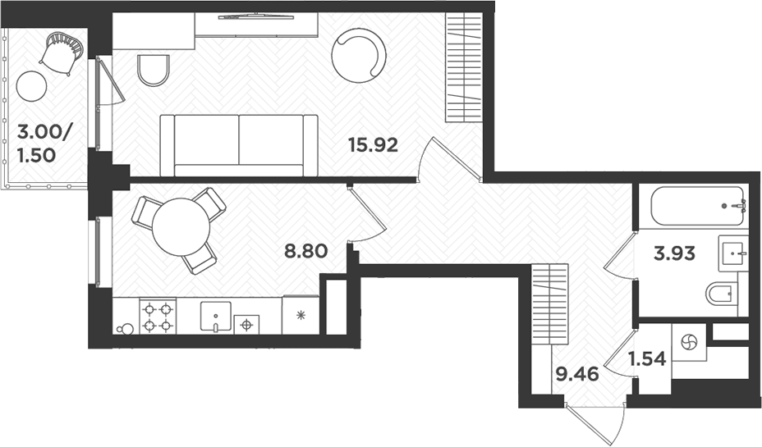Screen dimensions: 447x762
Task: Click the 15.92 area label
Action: click(x=374, y=146)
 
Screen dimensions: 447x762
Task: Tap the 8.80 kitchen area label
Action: click(x=306, y=252)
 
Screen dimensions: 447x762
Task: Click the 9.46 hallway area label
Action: click(x=576, y=376)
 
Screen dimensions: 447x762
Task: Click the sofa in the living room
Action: click(x=238, y=145)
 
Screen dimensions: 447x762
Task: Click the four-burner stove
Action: click(x=158, y=317)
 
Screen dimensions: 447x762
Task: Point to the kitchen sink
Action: click(x=217, y=317)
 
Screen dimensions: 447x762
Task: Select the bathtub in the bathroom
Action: click(x=696, y=207)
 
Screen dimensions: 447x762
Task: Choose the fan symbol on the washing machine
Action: click(x=688, y=341)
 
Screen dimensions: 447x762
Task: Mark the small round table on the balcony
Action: click(x=33, y=84)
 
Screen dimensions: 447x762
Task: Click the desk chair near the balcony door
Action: click(x=153, y=70)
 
